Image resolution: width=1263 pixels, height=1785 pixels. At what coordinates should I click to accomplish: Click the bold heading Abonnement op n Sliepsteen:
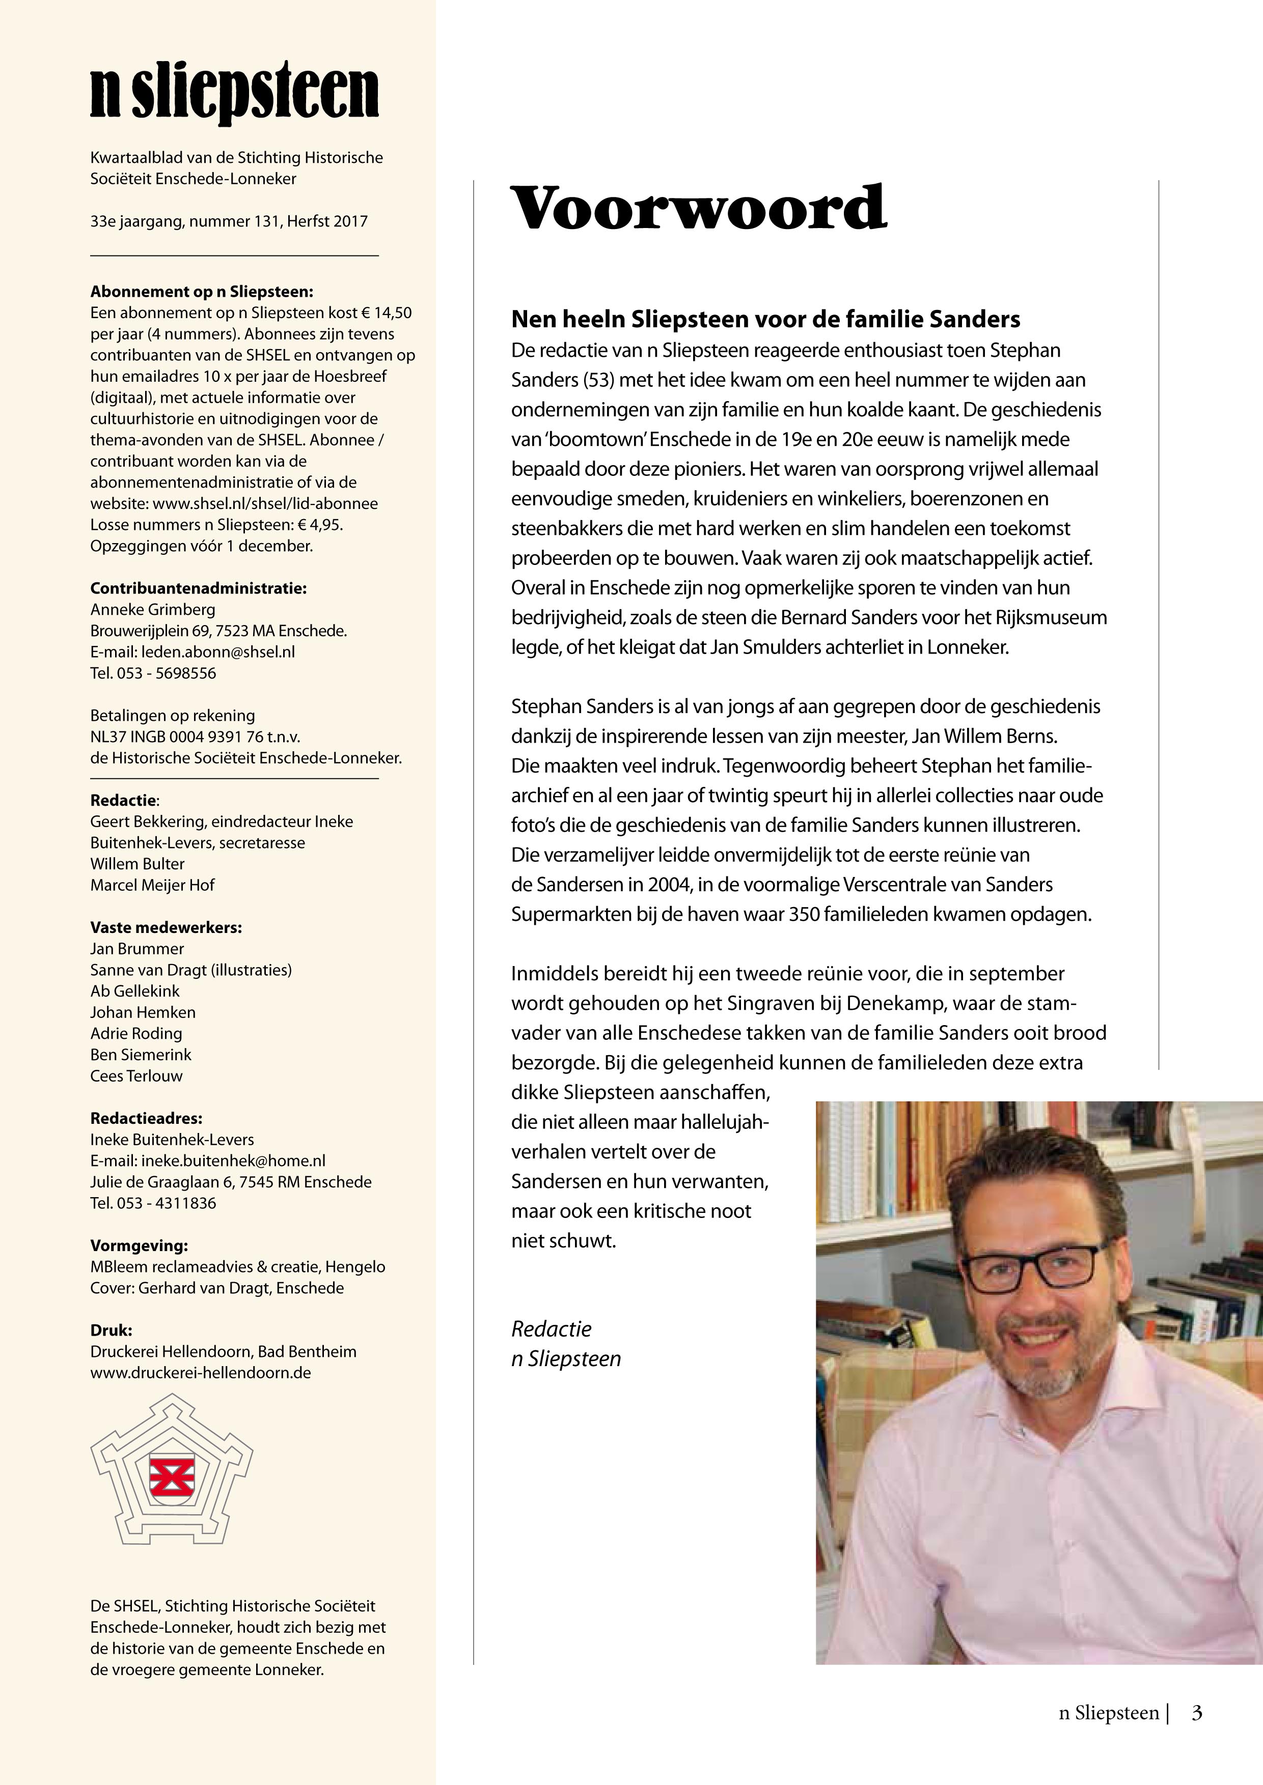(x=202, y=292)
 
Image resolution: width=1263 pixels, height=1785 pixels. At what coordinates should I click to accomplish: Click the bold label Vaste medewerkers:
(x=166, y=927)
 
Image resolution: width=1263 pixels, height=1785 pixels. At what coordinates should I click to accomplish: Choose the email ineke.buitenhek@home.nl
(x=233, y=1160)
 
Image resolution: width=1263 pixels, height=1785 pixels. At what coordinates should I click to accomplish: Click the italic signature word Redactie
(x=552, y=1328)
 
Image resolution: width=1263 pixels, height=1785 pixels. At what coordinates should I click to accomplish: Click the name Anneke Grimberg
(x=152, y=610)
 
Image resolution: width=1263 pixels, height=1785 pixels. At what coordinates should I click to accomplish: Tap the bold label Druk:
(x=111, y=1330)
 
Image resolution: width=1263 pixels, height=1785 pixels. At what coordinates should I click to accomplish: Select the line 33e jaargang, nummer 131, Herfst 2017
(x=229, y=221)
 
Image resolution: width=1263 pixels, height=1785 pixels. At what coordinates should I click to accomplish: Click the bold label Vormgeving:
(x=139, y=1245)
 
